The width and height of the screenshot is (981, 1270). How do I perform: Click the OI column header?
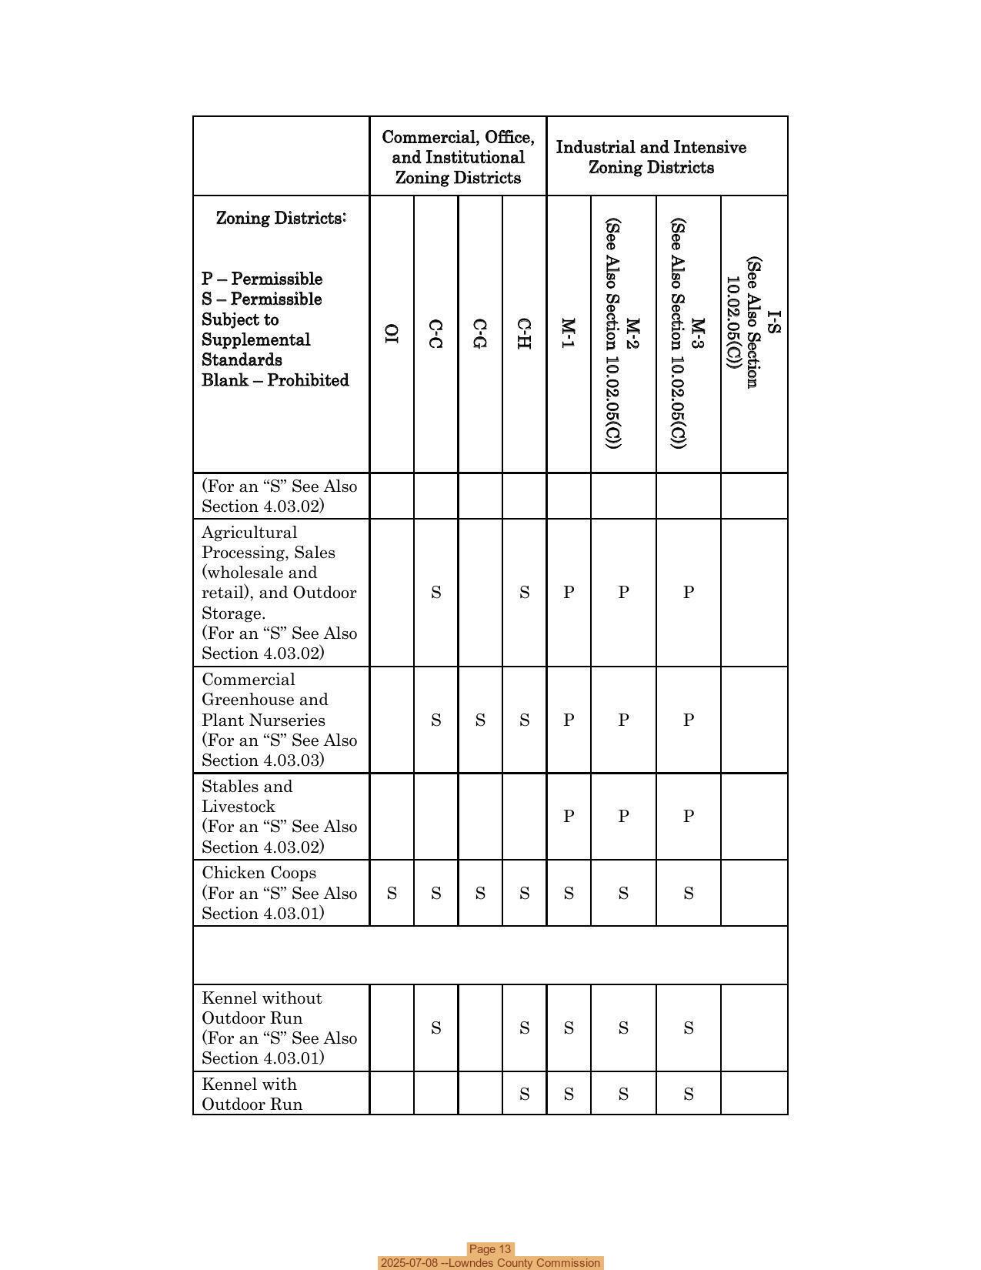[392, 333]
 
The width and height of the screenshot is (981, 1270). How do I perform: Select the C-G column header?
[479, 333]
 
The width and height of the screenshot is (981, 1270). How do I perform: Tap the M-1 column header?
[568, 333]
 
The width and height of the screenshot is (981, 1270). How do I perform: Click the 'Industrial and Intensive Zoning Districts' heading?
[651, 157]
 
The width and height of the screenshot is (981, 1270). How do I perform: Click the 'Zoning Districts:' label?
[281, 218]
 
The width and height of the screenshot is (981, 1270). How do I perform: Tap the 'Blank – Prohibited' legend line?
[275, 380]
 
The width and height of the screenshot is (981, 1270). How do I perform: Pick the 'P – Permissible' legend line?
[262, 279]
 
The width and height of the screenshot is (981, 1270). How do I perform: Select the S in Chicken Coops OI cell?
[392, 894]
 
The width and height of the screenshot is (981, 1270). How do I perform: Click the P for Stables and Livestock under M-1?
[569, 817]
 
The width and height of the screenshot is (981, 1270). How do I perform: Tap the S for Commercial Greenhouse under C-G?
[480, 720]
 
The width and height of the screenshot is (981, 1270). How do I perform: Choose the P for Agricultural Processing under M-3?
[689, 593]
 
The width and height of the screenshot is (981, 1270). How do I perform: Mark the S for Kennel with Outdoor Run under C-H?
[524, 1095]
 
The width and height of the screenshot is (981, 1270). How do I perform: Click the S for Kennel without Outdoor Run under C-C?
[435, 1028]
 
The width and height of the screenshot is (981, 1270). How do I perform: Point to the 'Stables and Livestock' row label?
[246, 797]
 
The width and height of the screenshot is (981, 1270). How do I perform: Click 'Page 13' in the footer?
[490, 1249]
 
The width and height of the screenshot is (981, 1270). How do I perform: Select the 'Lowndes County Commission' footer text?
[524, 1263]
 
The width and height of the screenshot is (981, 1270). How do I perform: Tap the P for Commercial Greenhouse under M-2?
[623, 720]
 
